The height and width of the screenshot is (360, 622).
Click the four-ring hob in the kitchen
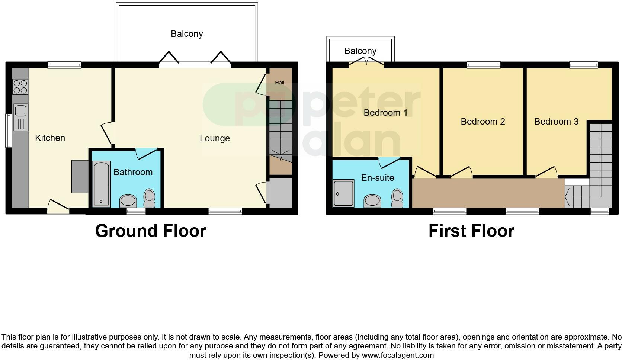(x=20, y=87)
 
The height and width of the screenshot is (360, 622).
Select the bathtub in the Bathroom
(x=101, y=183)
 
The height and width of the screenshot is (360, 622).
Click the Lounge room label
(x=215, y=138)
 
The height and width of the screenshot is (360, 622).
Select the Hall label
(x=279, y=83)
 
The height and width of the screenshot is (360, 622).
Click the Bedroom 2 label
(x=482, y=122)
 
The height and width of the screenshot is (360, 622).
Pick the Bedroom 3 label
(x=556, y=122)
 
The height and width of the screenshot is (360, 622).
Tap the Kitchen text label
(x=50, y=138)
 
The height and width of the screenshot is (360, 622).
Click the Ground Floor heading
(x=150, y=231)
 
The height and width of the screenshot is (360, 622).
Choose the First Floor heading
(x=471, y=231)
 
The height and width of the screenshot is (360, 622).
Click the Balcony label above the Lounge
(x=187, y=34)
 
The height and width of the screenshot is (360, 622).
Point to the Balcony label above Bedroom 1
(x=360, y=51)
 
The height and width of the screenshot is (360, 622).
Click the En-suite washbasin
(x=372, y=200)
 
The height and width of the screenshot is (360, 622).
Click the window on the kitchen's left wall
(x=8, y=130)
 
